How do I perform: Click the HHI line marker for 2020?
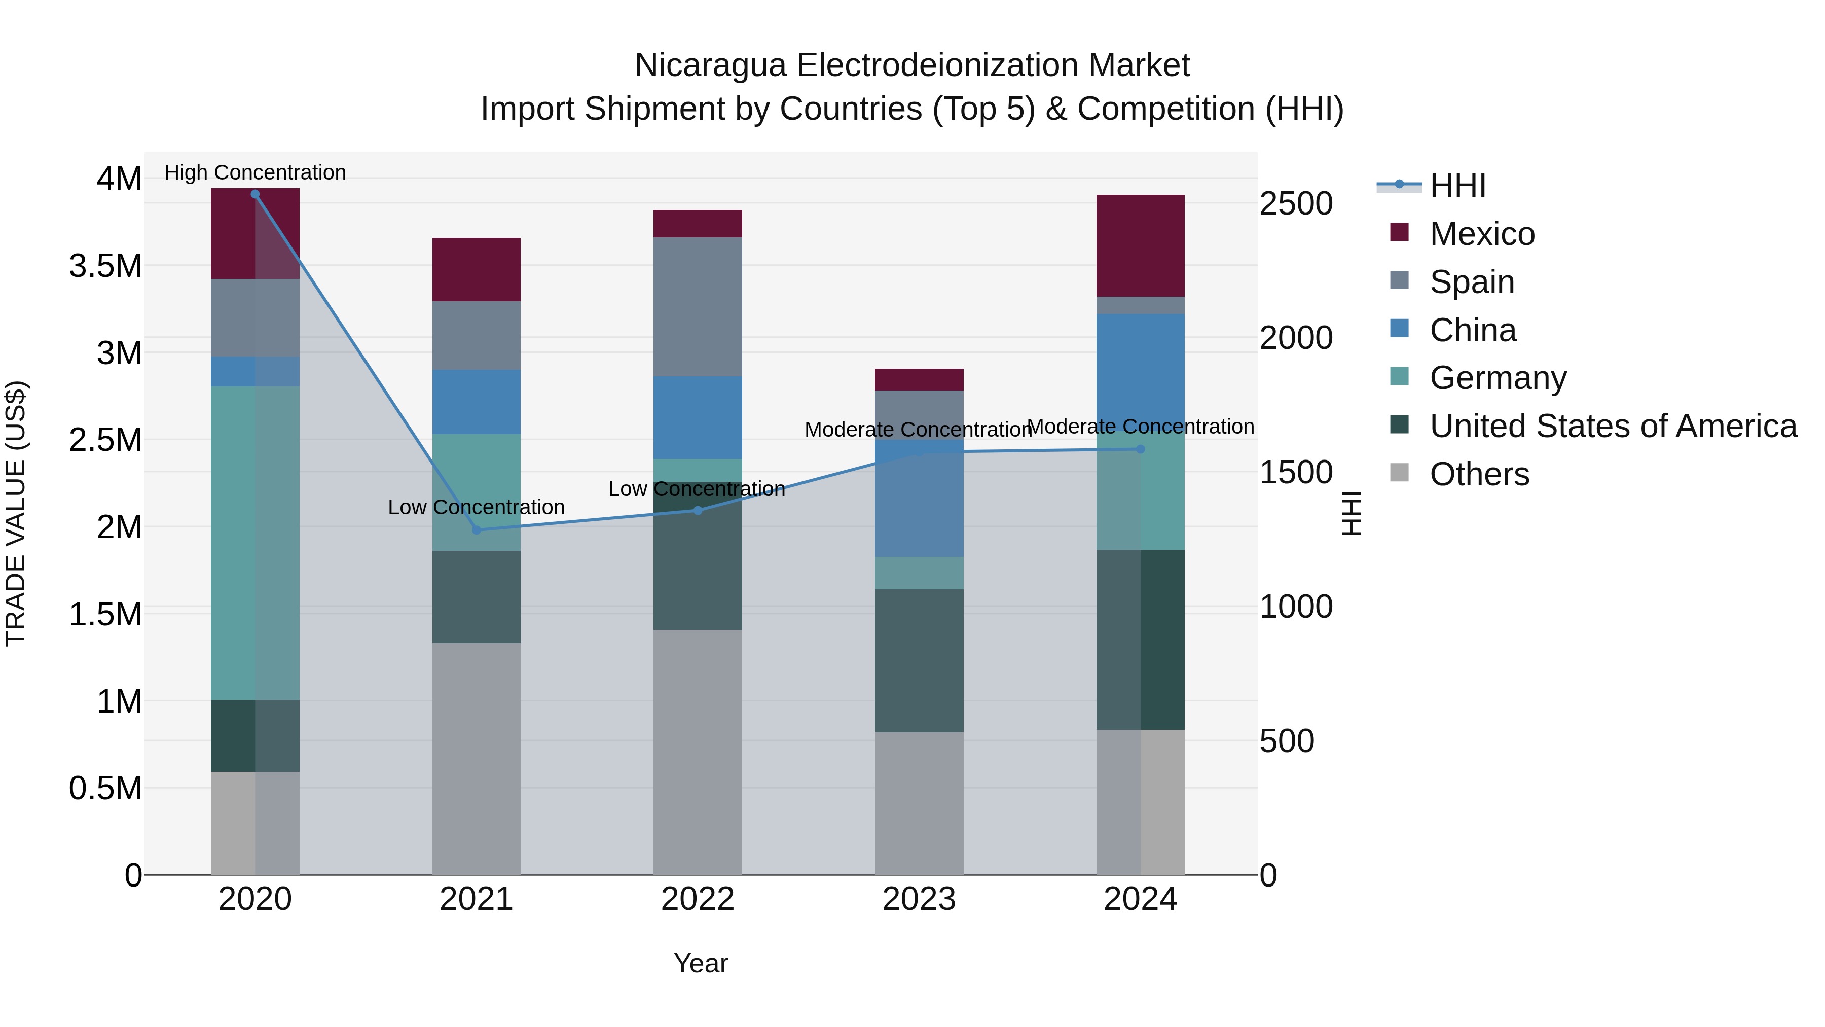(x=255, y=194)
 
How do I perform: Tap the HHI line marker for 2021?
(x=476, y=530)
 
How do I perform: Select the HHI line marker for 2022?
(x=698, y=510)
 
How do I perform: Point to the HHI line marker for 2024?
(x=1141, y=449)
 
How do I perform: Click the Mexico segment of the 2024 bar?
(x=1141, y=245)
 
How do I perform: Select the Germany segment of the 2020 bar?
(x=255, y=543)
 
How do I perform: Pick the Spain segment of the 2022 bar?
(x=698, y=306)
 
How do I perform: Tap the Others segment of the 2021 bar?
(x=476, y=758)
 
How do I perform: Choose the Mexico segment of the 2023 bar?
(x=919, y=380)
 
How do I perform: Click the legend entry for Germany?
(x=1498, y=378)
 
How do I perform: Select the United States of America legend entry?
(x=1613, y=426)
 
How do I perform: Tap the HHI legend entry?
(x=1456, y=186)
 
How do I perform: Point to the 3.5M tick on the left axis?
(x=105, y=266)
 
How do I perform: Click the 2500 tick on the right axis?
(x=1296, y=203)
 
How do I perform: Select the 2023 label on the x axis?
(x=919, y=899)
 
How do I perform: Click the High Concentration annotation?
(x=255, y=172)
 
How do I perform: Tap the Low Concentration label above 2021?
(x=476, y=508)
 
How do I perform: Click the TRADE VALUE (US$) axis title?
(x=16, y=513)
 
